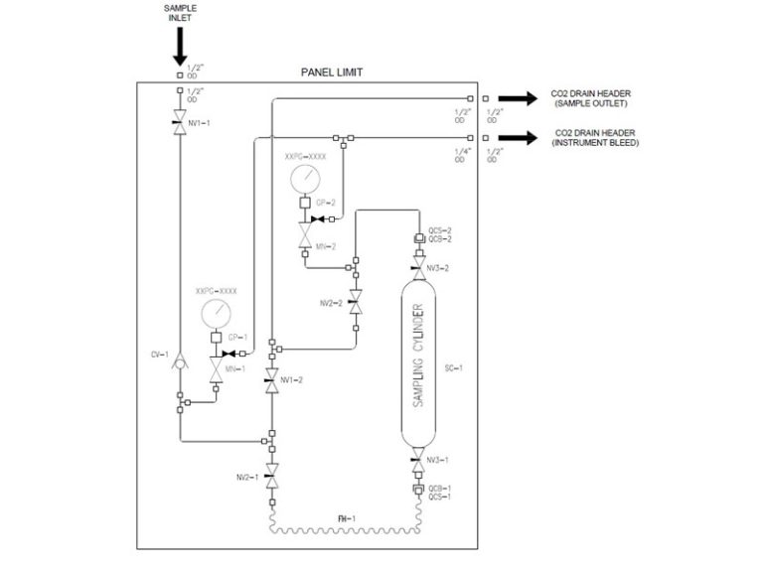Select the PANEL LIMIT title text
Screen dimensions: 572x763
pos(334,72)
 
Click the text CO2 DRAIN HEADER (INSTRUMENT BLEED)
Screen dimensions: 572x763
pos(593,138)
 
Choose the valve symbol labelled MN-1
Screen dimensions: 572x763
pos(216,372)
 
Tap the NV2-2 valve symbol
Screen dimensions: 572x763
pos(357,299)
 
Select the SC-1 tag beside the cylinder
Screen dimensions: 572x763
pos(454,366)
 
